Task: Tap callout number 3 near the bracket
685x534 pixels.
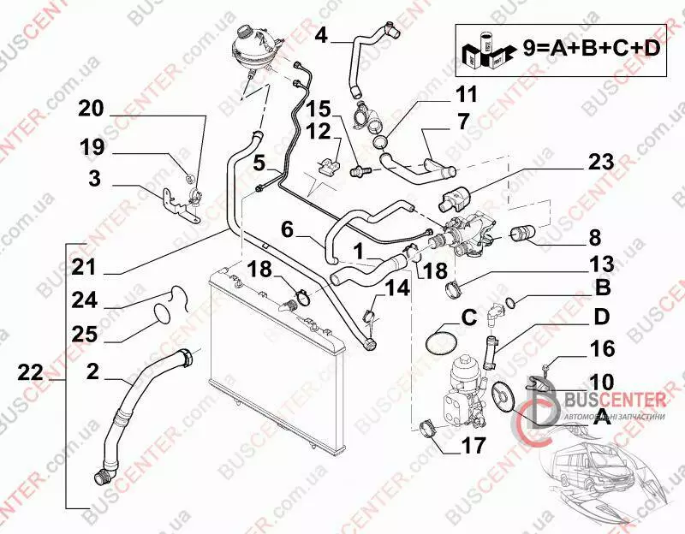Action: coord(94,179)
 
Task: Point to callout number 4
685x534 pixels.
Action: coord(321,36)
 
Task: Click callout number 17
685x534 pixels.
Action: coord(474,445)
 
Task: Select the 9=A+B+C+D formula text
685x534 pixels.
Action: coord(592,50)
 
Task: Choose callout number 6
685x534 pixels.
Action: coord(288,229)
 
